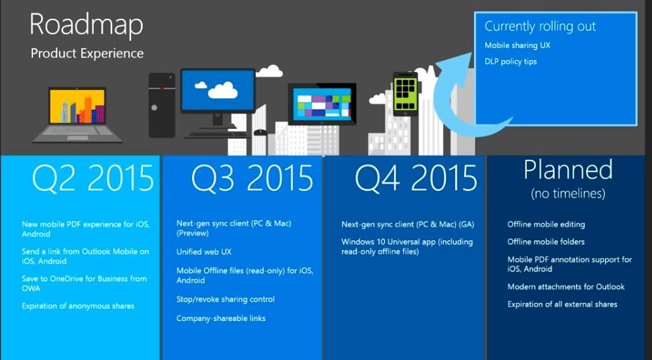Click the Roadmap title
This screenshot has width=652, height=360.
tap(87, 26)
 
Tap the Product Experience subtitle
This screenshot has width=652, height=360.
tap(87, 54)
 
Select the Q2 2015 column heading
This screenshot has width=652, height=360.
tap(93, 178)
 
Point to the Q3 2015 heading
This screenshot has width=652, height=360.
tap(252, 178)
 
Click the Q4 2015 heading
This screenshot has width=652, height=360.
tap(416, 178)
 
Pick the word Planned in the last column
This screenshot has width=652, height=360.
tap(568, 170)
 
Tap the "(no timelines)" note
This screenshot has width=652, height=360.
tap(568, 193)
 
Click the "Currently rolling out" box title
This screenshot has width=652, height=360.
tap(540, 27)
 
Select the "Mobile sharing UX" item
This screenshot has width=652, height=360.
tap(517, 45)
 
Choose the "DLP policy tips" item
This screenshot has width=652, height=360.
tap(510, 62)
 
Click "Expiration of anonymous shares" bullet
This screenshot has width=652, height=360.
tap(78, 306)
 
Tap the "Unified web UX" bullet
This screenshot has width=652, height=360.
tap(203, 252)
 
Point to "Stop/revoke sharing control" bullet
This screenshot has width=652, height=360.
tap(226, 300)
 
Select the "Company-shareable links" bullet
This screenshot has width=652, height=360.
tap(221, 318)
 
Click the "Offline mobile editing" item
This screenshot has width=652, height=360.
tap(546, 224)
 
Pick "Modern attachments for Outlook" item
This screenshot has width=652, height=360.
tap(566, 287)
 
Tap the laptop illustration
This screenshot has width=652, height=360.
tap(77, 114)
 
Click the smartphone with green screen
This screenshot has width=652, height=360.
tap(406, 94)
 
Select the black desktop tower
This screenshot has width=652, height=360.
tap(162, 105)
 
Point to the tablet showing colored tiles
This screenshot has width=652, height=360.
tap(322, 104)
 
